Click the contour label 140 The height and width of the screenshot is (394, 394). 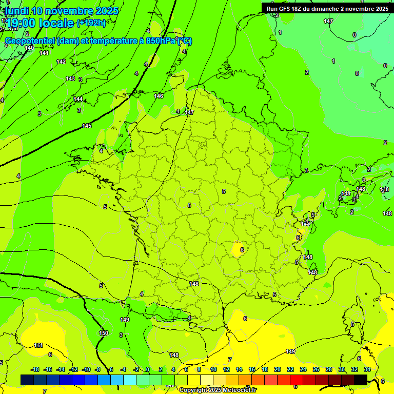29,48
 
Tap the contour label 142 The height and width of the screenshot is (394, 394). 61,62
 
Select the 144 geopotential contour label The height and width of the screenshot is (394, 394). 78,99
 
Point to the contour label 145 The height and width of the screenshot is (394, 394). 87,126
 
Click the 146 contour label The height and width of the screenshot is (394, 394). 159,96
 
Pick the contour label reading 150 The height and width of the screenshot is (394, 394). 104,333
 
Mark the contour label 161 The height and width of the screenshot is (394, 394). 38,345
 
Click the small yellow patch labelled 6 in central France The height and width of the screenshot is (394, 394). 238,249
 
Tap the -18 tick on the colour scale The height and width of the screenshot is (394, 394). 35,369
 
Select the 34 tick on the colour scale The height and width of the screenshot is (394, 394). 367,369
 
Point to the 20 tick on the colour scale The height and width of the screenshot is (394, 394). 278,369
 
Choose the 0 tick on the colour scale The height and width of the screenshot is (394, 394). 148,369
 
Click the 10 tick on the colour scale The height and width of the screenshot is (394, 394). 213,369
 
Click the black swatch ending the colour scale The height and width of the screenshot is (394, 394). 360,380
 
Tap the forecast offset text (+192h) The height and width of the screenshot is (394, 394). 91,23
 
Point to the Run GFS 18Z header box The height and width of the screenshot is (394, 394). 327,8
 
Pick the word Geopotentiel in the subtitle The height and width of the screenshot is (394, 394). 30,41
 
